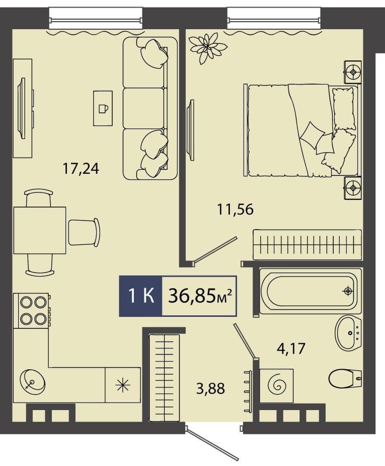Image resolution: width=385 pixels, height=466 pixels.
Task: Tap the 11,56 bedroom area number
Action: coord(235,210)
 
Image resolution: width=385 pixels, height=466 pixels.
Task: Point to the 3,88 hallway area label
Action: coord(210,388)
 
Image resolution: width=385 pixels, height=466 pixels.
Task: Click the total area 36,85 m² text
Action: coord(200,296)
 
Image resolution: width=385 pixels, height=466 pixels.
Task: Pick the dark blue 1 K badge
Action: coord(141,296)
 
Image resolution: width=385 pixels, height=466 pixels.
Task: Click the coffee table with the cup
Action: coord(103,108)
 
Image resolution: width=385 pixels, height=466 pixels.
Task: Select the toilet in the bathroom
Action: coord(345,378)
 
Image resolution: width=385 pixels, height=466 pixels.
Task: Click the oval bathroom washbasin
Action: coord(348,333)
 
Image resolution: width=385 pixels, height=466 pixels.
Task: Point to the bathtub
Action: coord(310,291)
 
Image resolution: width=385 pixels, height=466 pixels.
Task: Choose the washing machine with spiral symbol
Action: coord(276,386)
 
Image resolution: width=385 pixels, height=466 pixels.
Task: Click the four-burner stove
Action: coord(31,311)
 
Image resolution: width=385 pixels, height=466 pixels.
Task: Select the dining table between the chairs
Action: coord(40,230)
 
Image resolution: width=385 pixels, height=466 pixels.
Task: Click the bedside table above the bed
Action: coord(353,72)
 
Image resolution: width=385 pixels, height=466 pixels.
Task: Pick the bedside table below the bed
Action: coord(353,188)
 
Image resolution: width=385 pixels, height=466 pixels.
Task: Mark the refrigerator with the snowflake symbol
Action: coord(123,385)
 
